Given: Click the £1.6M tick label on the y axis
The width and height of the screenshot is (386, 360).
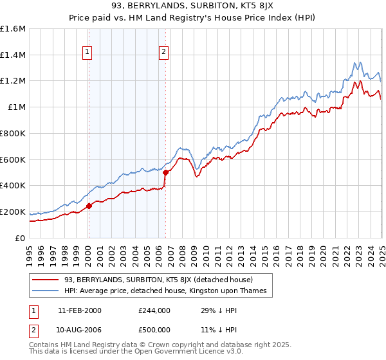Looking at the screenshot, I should pos(13,29).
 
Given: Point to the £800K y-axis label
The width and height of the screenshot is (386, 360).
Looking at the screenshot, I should pos(13,133).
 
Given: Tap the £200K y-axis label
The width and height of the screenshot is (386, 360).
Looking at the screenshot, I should pos(13,212).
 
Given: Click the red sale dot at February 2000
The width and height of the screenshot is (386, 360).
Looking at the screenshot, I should pos(89,206).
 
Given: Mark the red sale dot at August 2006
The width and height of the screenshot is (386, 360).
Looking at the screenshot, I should pos(165,172).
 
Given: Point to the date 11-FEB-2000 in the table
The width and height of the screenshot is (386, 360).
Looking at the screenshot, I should pos(79,310).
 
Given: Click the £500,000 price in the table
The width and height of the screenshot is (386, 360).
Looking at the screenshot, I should pos(154,330).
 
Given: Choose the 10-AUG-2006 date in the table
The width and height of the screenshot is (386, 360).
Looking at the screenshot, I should pos(80,330).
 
